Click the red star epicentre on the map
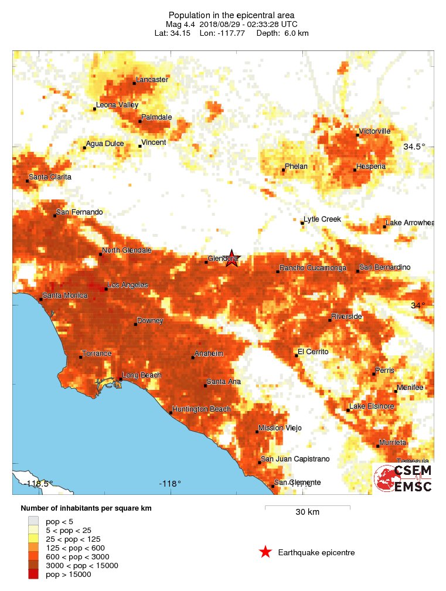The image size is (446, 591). (233, 258)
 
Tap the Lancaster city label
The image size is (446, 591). (152, 80)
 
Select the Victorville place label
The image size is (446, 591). (375, 131)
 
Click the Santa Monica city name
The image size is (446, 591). (65, 295)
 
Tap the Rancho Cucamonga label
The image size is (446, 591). (313, 268)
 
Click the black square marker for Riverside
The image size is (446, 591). (330, 320)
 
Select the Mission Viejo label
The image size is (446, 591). (280, 428)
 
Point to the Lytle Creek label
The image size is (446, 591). (322, 219)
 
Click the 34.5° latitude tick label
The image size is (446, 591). (414, 147)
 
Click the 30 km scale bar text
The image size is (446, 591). (307, 512)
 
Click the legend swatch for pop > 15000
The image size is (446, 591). (33, 575)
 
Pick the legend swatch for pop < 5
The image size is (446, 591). (33, 521)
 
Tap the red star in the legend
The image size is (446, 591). (265, 552)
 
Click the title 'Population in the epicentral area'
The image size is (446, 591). (223, 15)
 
